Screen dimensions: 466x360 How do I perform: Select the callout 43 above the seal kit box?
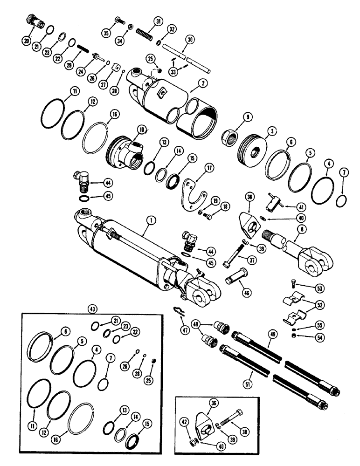point(93,309)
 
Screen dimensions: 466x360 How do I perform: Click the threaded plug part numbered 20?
point(35,25)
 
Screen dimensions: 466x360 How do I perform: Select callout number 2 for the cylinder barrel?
point(202,82)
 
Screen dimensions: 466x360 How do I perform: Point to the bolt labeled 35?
point(118,20)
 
